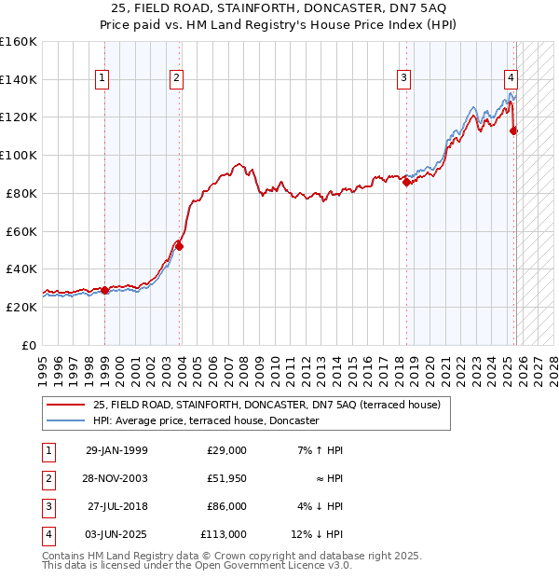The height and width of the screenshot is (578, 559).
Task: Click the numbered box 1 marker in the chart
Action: pos(102,78)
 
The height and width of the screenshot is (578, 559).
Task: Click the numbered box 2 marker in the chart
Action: pos(176,78)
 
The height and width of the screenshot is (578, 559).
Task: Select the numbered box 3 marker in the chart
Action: pos(403,78)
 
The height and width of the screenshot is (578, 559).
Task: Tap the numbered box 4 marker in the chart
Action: pos(511,78)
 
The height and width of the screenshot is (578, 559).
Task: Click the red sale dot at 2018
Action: pos(406,183)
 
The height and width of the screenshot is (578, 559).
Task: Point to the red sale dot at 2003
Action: pos(180,247)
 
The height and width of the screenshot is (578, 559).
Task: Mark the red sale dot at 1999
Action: pos(105,290)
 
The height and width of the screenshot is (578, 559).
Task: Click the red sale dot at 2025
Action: pos(513,131)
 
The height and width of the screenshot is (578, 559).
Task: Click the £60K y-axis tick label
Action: pos(20,231)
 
